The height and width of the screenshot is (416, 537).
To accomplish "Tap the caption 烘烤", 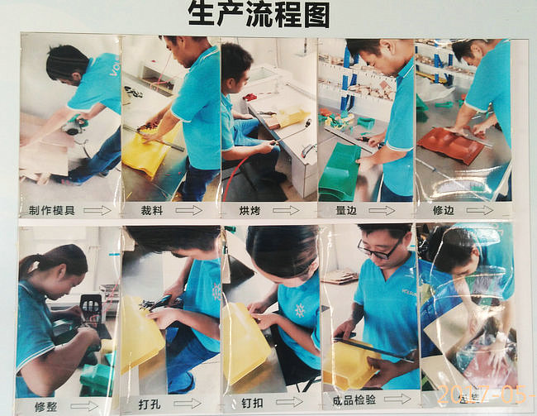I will [x=249, y=210].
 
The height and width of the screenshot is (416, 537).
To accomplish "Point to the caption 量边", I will [x=348, y=210].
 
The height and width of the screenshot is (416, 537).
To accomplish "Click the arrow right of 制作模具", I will [x=97, y=210].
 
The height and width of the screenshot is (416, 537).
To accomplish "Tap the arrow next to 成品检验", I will [x=397, y=399].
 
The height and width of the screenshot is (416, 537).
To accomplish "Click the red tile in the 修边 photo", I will [x=450, y=145].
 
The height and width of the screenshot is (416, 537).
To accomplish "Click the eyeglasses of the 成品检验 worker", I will [x=380, y=248].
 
